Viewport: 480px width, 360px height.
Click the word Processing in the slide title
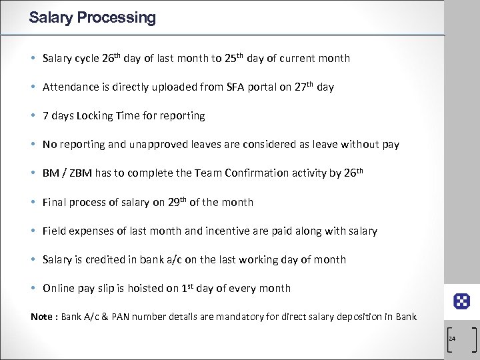pos(117,18)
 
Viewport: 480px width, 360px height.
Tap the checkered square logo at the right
pos(462,301)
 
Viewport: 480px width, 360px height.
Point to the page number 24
pos(452,339)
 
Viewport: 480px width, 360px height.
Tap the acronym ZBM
pos(79,173)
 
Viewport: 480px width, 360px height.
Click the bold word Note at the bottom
pos(43,317)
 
